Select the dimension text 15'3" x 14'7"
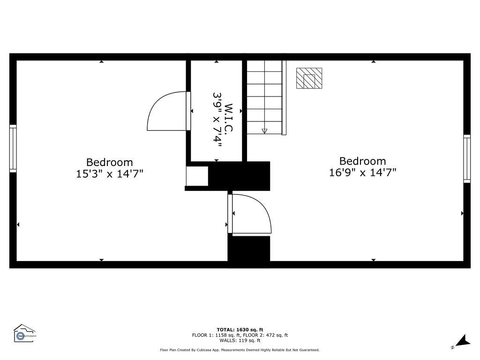click(110, 174)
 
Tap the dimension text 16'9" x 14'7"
click(363, 172)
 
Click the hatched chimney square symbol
click(309, 78)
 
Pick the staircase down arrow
click(264, 131)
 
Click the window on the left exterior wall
click(13, 149)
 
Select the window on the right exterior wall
click(467, 158)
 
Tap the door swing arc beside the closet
click(164, 112)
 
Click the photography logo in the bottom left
click(25, 334)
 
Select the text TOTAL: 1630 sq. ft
click(240, 330)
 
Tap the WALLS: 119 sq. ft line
click(240, 341)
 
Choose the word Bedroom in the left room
click(110, 163)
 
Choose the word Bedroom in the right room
click(363, 161)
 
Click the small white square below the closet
click(197, 176)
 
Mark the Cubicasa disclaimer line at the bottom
click(240, 350)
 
